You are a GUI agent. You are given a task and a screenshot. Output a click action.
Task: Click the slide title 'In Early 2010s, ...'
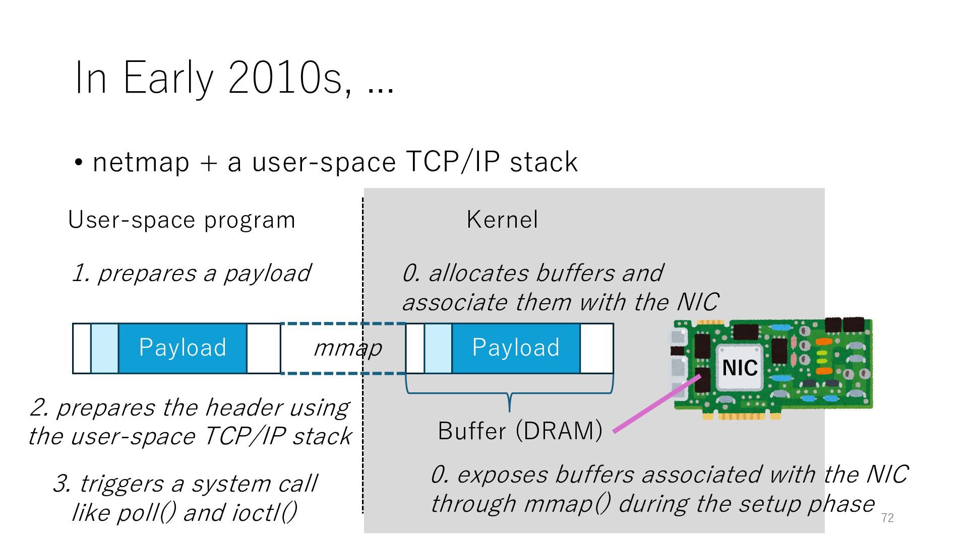(x=234, y=78)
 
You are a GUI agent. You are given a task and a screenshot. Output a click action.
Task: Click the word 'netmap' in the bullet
(x=141, y=162)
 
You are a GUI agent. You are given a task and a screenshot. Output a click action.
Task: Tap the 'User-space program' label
(x=181, y=220)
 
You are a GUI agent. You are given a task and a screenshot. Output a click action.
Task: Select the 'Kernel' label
(x=502, y=220)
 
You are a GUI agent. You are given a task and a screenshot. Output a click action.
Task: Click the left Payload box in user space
(x=183, y=348)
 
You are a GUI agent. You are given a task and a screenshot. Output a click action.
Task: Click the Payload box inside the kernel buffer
(x=516, y=348)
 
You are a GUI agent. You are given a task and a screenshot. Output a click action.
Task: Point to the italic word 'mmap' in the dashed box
(x=347, y=348)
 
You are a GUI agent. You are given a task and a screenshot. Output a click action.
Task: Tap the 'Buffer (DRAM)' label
(x=520, y=431)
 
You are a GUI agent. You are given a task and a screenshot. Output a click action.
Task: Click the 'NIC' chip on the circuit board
(x=740, y=368)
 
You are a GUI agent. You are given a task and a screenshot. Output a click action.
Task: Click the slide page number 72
(x=887, y=518)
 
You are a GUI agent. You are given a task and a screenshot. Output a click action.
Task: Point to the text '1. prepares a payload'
(x=192, y=274)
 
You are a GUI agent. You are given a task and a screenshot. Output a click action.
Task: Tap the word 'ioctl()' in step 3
(x=264, y=513)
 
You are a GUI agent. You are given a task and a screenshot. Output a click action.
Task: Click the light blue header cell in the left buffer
(x=104, y=348)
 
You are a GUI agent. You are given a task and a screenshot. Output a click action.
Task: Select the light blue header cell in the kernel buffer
(x=438, y=348)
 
